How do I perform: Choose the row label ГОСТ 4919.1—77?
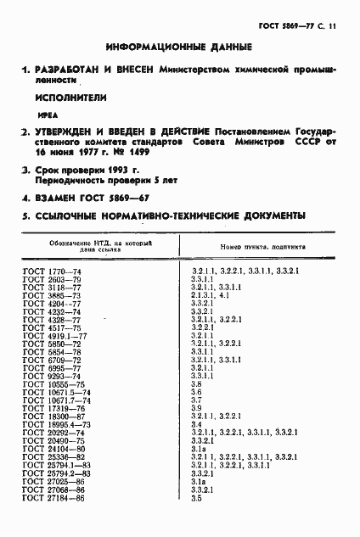click(54, 335)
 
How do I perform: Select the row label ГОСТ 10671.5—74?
click(55, 393)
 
